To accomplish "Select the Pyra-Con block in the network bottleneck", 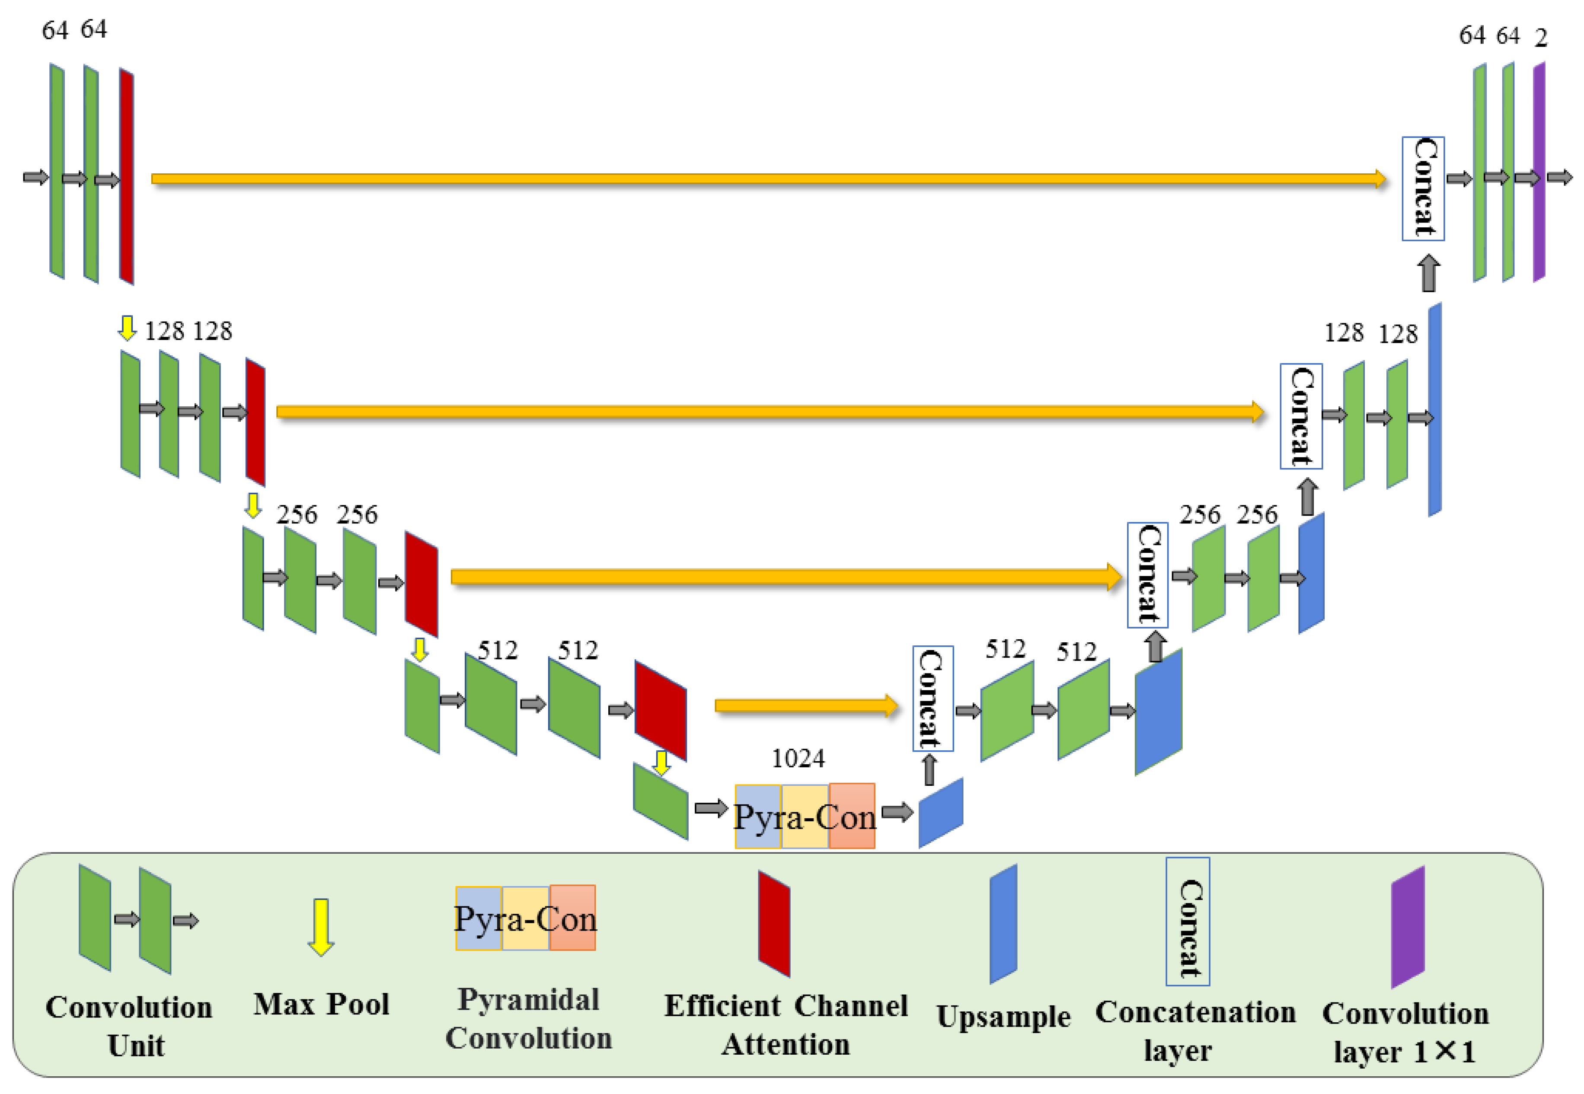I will [x=805, y=817].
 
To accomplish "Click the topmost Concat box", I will [x=1423, y=188].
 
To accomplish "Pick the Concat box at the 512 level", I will [x=933, y=699].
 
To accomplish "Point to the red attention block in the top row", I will [x=126, y=176].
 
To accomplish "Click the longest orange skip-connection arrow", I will [x=768, y=179].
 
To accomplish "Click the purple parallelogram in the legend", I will [x=1407, y=927].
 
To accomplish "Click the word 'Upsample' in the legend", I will [x=1003, y=1017].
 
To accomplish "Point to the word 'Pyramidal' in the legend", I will [x=528, y=999].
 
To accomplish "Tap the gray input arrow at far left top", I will [x=35, y=178].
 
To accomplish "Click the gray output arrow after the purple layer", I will [x=1559, y=178].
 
